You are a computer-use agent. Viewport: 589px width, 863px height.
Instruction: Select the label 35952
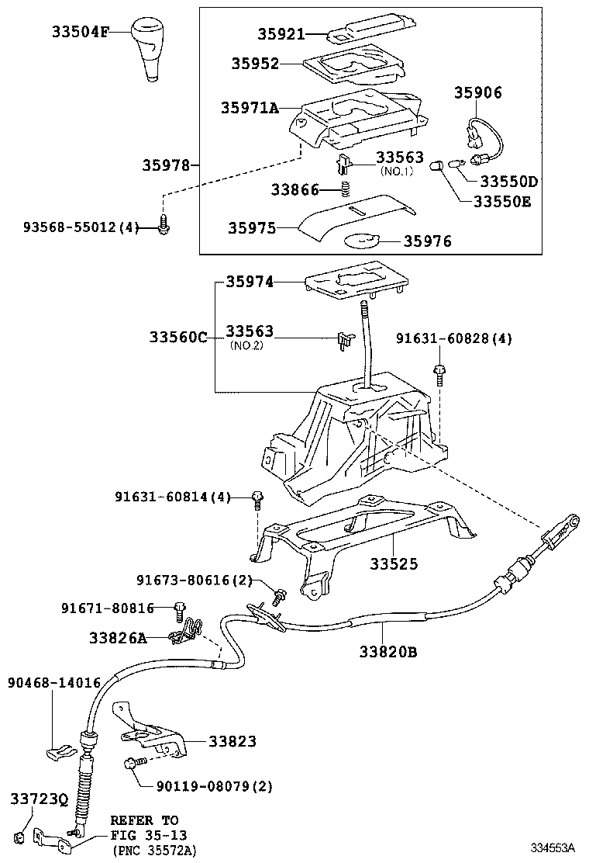click(x=254, y=64)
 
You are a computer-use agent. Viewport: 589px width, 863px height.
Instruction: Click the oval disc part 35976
click(x=362, y=241)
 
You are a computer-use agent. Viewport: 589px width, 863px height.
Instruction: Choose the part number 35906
click(x=477, y=93)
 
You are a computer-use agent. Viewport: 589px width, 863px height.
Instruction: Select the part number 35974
click(x=250, y=282)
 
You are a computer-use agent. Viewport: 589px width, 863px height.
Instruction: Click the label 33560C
click(x=178, y=337)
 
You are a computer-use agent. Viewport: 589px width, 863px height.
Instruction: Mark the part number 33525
click(x=393, y=563)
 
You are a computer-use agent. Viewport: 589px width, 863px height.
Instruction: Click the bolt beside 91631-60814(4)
click(x=257, y=499)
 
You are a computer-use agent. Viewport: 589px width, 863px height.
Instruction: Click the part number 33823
click(x=232, y=742)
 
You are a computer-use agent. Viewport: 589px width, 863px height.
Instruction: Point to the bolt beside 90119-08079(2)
click(x=130, y=764)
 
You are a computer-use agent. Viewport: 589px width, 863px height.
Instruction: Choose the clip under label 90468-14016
click(x=60, y=750)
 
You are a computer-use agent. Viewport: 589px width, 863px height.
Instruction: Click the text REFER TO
click(x=143, y=820)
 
